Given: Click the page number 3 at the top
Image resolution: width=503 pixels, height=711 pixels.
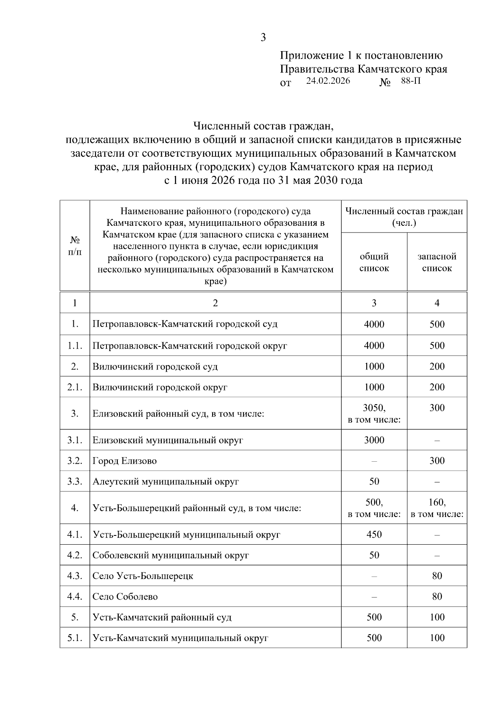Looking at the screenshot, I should point(263,38).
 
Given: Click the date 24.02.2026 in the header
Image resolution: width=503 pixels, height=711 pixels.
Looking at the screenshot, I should point(328,81).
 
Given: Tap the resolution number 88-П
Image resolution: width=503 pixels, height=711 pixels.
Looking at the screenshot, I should point(410,81).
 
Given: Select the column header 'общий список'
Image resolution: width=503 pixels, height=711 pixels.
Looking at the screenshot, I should point(374,262).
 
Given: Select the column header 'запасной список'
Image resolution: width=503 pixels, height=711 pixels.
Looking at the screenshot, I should point(437,262).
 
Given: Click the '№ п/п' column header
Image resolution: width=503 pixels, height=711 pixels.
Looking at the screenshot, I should point(75,246).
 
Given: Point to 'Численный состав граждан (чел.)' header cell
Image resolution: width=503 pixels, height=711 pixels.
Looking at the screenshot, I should point(404,217).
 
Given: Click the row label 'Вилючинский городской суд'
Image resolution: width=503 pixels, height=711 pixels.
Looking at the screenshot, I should point(155,367).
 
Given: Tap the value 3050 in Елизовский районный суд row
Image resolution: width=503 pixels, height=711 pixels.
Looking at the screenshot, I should point(374,408).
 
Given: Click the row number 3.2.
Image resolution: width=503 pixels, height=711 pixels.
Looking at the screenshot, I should point(75,461).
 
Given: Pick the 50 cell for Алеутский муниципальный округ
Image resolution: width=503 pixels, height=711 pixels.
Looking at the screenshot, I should point(374,481).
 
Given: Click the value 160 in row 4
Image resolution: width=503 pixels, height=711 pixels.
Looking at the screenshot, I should point(437,502).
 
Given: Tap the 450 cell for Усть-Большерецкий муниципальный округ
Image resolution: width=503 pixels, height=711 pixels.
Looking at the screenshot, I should point(374,535).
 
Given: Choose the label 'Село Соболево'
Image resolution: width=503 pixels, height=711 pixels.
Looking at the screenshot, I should point(125,597).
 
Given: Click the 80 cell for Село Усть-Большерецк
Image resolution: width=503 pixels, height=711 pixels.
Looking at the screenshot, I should point(437,576).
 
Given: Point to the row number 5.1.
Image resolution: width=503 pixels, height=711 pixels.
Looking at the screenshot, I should point(75,638).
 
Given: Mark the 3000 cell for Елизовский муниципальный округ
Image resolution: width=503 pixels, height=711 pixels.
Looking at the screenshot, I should point(374,440).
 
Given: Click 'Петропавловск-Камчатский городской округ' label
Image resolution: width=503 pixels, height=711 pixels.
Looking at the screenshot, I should point(189,346).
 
